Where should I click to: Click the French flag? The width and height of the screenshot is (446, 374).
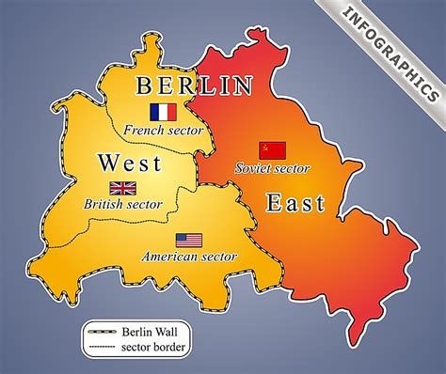tap(163, 111)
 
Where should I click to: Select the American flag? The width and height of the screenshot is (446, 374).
tap(188, 240)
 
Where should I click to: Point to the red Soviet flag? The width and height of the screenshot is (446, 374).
tap(273, 149)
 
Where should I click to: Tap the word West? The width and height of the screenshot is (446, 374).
tap(128, 164)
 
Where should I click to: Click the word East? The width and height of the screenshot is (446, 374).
tap(295, 202)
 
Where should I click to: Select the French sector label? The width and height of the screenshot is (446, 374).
tap(162, 131)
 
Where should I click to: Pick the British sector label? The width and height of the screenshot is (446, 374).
tap(123, 204)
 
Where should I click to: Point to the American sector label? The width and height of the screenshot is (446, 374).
tap(189, 256)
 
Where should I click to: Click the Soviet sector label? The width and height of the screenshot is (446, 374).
tap(273, 168)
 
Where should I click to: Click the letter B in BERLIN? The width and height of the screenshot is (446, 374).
tap(144, 86)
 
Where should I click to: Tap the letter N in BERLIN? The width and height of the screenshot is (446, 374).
tap(244, 86)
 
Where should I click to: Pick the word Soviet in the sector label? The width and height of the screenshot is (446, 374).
tap(251, 168)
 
